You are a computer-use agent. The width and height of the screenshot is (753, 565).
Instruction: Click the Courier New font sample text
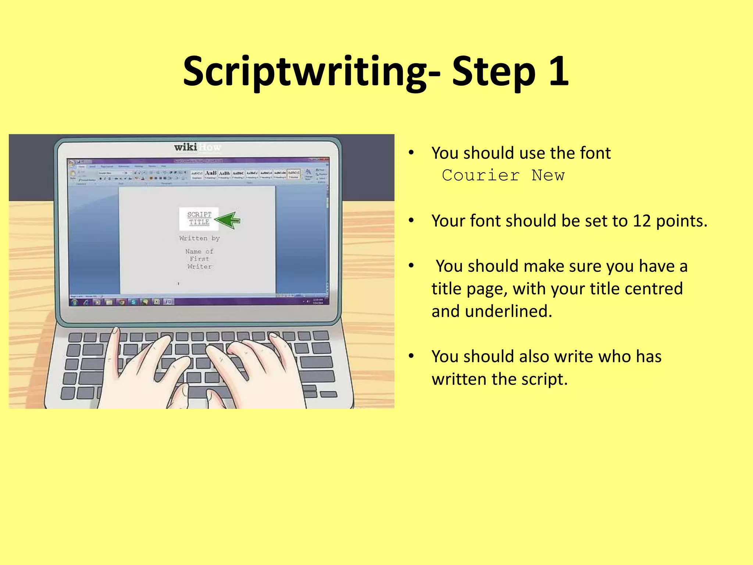503,175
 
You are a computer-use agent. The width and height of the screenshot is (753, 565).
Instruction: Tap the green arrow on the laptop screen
228,220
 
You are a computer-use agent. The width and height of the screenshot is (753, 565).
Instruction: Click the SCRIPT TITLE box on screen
199,218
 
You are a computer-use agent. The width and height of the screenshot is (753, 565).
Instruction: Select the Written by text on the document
199,238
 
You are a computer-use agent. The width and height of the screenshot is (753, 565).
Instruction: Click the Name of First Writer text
199,259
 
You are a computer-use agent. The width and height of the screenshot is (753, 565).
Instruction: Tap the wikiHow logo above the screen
197,147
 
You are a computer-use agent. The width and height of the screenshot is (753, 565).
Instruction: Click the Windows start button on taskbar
75,302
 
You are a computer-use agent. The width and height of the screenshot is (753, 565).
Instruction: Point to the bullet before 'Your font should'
411,221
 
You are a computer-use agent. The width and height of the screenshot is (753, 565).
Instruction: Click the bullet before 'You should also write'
411,356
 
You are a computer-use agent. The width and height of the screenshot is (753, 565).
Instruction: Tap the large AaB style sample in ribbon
211,173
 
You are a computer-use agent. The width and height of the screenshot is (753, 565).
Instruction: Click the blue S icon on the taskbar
133,302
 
